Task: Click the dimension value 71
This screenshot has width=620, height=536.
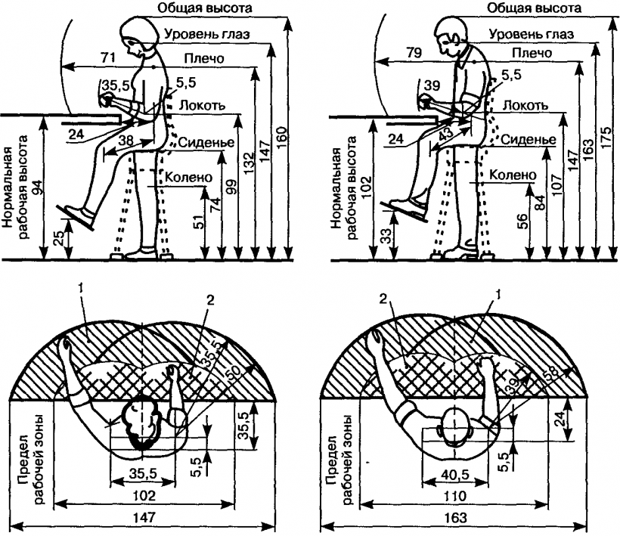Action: click(107, 57)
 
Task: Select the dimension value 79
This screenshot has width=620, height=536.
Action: click(414, 52)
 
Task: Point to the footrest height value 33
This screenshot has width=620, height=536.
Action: click(388, 236)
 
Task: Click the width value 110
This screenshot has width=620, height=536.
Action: click(455, 495)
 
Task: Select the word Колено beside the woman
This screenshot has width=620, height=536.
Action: click(188, 178)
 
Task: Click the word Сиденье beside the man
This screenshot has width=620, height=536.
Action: click(528, 140)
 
